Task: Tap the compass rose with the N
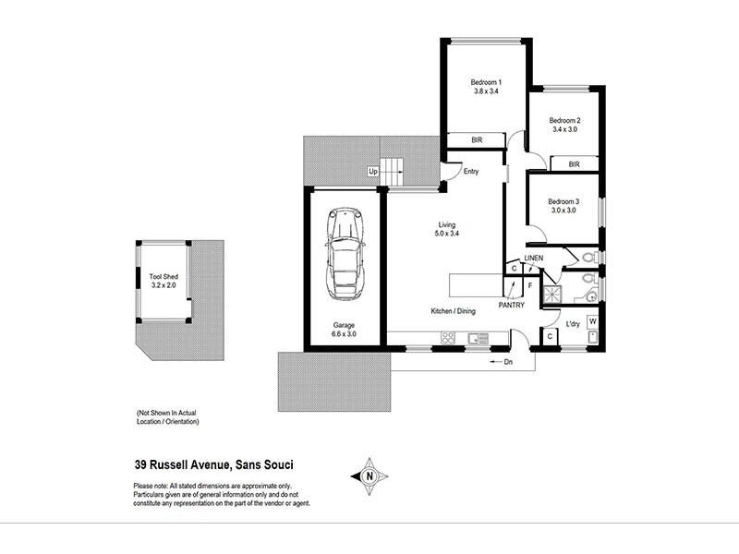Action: click(x=369, y=476)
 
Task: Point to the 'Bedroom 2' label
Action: click(x=564, y=120)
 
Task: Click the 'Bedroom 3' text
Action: click(x=563, y=201)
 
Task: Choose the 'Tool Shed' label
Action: click(x=164, y=276)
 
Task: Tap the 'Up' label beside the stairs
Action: click(x=373, y=172)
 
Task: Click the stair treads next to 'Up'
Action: click(x=394, y=171)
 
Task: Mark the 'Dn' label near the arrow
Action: click(x=507, y=362)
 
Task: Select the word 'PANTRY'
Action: click(x=511, y=304)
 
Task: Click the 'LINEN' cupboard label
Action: click(x=533, y=258)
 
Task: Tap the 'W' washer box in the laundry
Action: click(x=592, y=321)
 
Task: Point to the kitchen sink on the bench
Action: click(x=478, y=339)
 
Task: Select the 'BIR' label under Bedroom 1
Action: click(x=477, y=140)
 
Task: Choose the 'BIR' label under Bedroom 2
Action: click(x=574, y=164)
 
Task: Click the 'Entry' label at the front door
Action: click(x=471, y=172)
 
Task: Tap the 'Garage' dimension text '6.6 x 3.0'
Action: click(x=345, y=334)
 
